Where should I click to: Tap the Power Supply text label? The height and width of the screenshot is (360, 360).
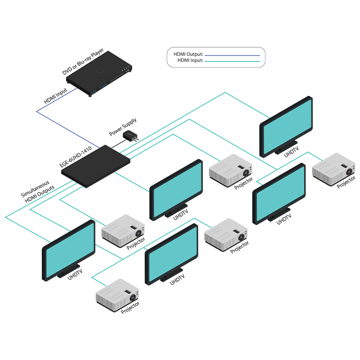[123, 127]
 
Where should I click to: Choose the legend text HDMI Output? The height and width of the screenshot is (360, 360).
[188, 54]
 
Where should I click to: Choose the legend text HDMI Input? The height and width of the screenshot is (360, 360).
[190, 60]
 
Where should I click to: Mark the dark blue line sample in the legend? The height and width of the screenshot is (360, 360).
[232, 55]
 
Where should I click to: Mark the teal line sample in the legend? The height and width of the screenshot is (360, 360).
[232, 62]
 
